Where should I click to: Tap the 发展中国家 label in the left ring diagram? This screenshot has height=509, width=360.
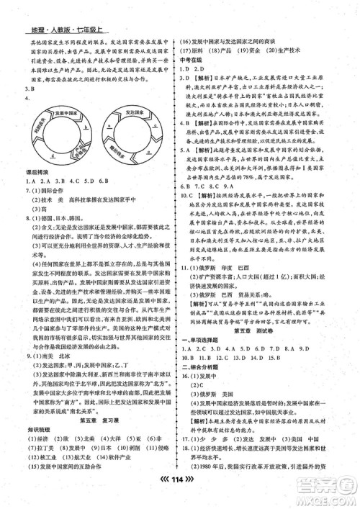pyautogui.click(x=54, y=115)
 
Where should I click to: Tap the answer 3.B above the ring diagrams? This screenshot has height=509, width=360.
pyautogui.click(x=26, y=90)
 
